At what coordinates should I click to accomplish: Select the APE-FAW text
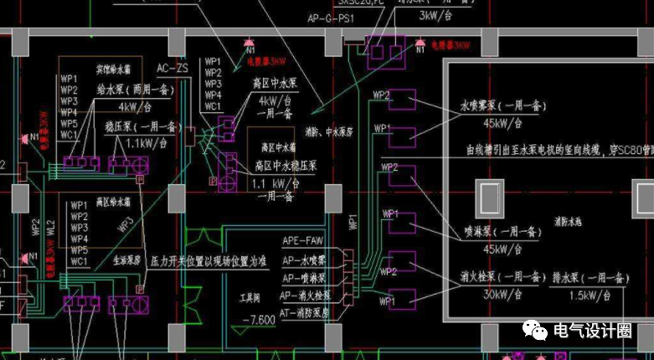click(x=302, y=241)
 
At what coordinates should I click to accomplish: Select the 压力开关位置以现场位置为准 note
click(x=209, y=262)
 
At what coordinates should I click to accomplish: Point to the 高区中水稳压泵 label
click(x=283, y=163)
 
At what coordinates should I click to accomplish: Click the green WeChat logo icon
click(x=536, y=331)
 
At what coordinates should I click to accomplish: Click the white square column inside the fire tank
click(x=488, y=198)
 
